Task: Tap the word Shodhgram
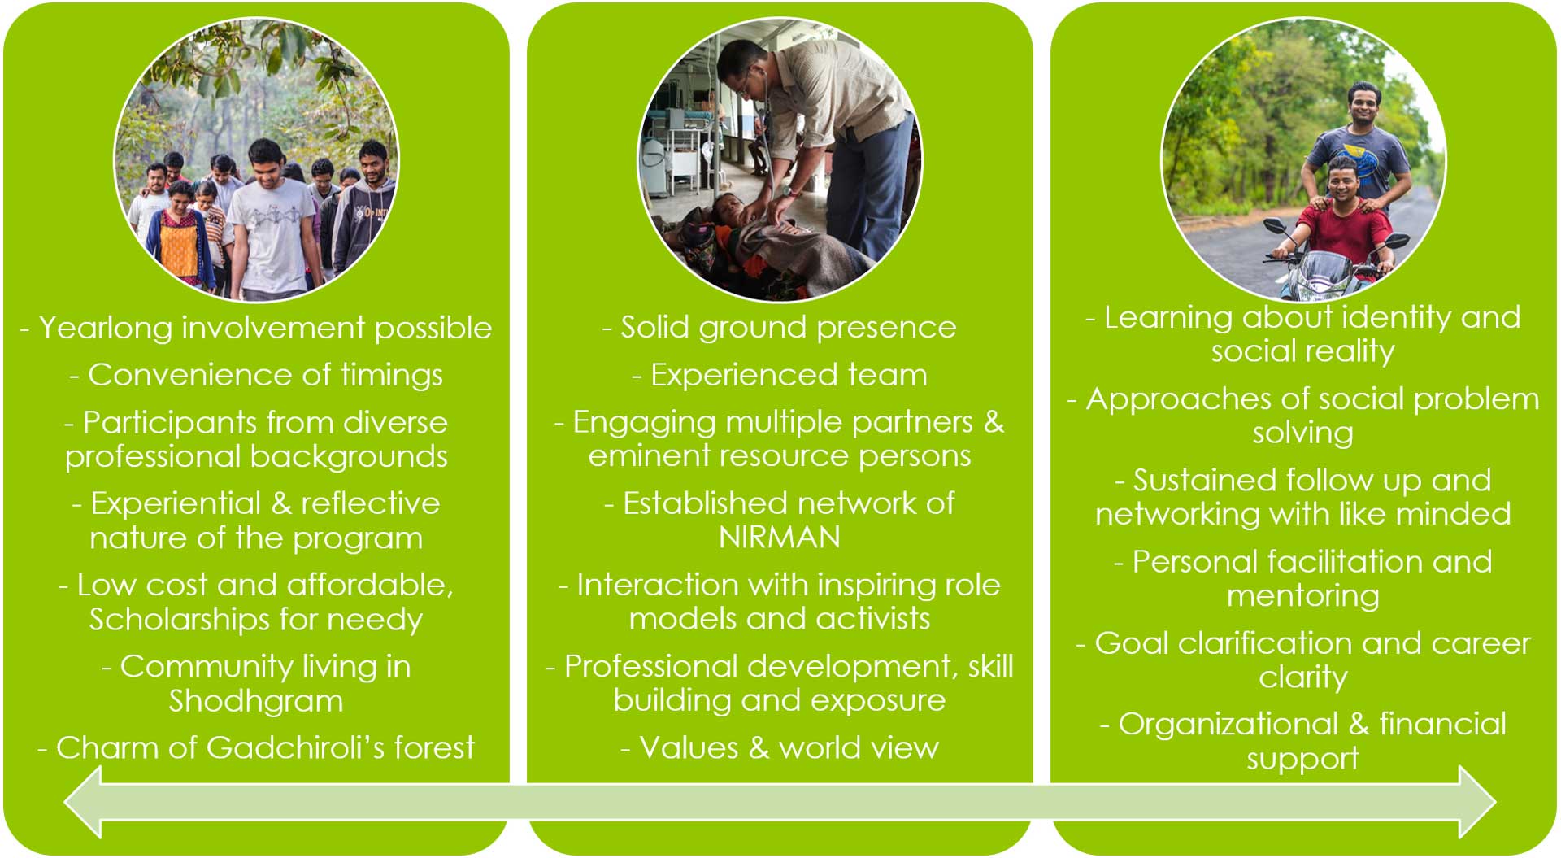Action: (x=256, y=701)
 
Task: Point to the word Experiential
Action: (x=176, y=504)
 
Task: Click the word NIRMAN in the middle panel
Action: (x=780, y=538)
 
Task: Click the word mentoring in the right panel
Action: (x=1302, y=596)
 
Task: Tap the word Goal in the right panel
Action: (x=1132, y=643)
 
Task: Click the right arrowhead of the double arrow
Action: (x=1478, y=802)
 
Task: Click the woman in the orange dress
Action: (x=180, y=240)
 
